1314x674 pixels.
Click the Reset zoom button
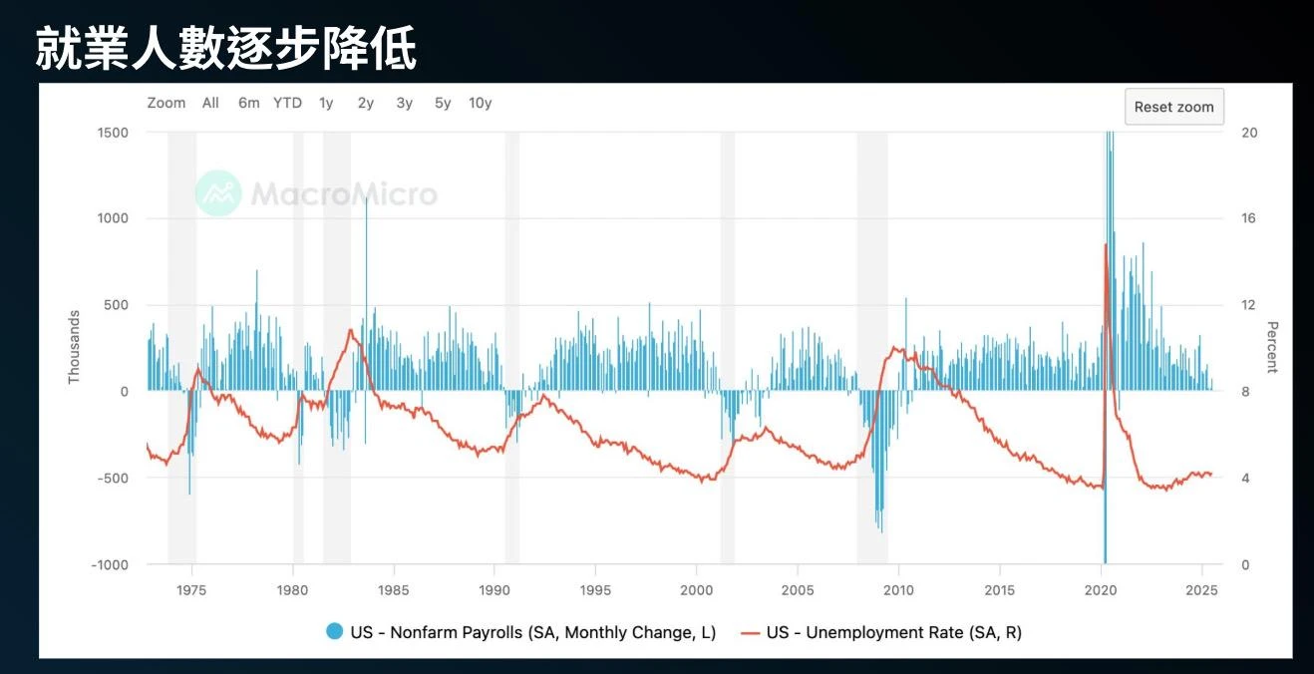click(x=1173, y=107)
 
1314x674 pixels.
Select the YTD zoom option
click(x=287, y=103)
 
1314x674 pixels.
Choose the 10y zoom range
click(x=480, y=103)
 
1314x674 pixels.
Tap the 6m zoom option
click(x=248, y=103)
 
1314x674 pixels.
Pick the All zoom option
click(x=210, y=103)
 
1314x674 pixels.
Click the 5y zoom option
click(x=443, y=103)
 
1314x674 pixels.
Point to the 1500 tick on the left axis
click(x=113, y=133)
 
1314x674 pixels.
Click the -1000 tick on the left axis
click(x=111, y=564)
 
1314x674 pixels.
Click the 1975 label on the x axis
click(x=191, y=590)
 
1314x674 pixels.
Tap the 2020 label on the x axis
click(x=1101, y=590)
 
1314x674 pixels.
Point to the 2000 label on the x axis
click(x=696, y=590)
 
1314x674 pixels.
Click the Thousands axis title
click(x=74, y=347)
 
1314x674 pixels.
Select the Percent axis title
click(x=1272, y=347)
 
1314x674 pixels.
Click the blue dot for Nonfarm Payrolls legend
click(x=335, y=632)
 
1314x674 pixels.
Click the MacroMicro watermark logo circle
click(x=218, y=193)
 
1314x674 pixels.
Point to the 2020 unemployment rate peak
click(x=1105, y=244)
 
